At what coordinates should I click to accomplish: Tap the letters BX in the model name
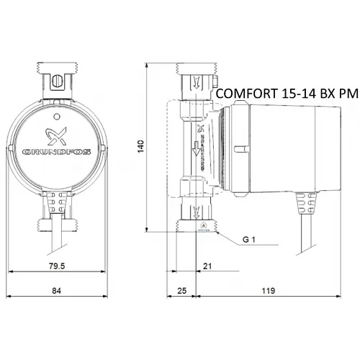(324, 94)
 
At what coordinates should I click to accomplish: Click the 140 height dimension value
(142, 145)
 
